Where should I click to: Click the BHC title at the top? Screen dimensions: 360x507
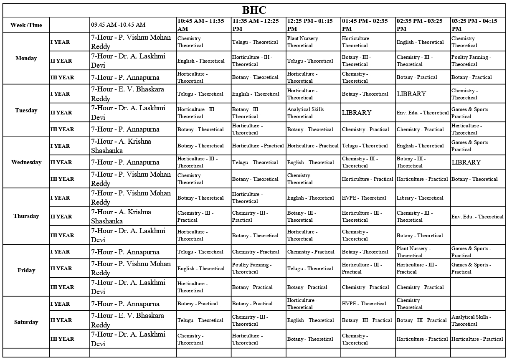[x=254, y=10]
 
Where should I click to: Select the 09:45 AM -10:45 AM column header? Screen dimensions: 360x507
[x=118, y=25]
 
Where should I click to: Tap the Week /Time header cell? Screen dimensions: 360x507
[x=26, y=25]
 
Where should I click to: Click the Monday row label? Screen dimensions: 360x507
[x=26, y=58]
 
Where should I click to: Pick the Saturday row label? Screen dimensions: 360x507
[x=26, y=322]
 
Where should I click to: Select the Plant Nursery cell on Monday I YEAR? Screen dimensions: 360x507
[x=313, y=42]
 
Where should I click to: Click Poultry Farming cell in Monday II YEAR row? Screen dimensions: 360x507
[x=477, y=61]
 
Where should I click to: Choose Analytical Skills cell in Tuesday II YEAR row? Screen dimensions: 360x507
[x=313, y=113]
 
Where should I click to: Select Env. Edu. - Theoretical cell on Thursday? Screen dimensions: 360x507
[x=477, y=217]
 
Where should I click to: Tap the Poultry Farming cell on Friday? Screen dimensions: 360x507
[x=258, y=268]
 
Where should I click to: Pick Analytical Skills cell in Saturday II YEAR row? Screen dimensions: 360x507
[x=477, y=320]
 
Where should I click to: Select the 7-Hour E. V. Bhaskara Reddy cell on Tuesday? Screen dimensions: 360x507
[x=132, y=94]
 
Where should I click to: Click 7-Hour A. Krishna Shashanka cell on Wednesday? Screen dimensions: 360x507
[x=132, y=146]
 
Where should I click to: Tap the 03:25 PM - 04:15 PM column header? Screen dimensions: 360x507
[x=477, y=25]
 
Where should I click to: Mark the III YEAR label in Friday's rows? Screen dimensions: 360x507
[x=62, y=287]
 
